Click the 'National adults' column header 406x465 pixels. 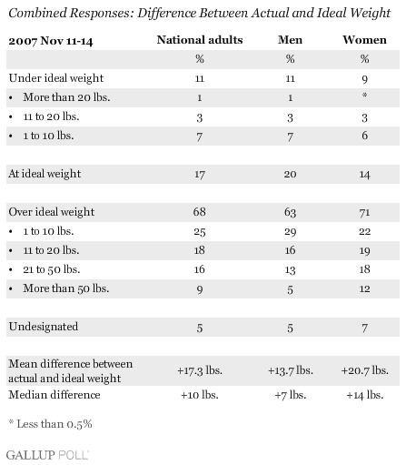[x=200, y=40]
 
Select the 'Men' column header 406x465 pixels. [x=290, y=40]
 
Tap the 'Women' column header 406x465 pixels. [x=364, y=40]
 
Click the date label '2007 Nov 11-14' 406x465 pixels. [x=51, y=41]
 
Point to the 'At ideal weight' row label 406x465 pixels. [x=45, y=174]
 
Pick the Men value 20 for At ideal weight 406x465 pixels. [x=290, y=174]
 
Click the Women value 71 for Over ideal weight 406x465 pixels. [x=364, y=212]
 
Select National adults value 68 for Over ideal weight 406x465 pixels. [x=200, y=212]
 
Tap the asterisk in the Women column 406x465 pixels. [x=364, y=96]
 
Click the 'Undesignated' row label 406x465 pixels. [x=44, y=327]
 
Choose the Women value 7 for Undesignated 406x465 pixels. [x=364, y=328]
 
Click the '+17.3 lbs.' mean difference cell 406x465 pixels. [x=200, y=370]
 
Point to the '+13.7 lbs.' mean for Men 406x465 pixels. [x=291, y=370]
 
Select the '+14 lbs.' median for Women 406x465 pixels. [x=365, y=395]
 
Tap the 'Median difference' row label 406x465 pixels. [x=54, y=395]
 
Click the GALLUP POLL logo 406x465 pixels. [x=47, y=455]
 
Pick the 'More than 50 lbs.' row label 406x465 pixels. [x=66, y=288]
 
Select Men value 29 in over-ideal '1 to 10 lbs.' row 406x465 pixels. [x=290, y=232]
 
